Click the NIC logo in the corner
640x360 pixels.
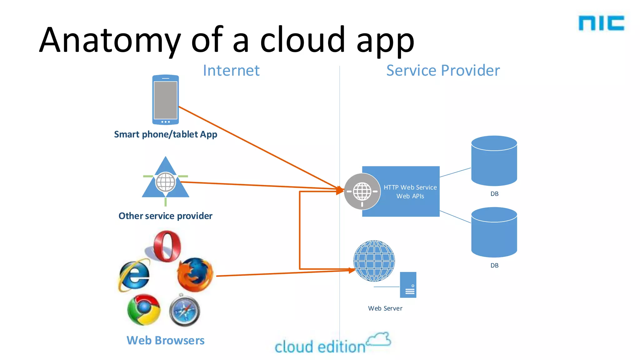coord(601,23)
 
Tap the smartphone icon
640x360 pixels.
coord(165,100)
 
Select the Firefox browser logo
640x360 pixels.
coord(195,275)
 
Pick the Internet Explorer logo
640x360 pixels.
coord(134,275)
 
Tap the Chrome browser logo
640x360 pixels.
coord(144,309)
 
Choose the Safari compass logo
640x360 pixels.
coord(185,311)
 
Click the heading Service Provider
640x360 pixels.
coord(443,70)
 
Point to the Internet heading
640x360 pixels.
coord(231,70)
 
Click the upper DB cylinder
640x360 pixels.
coord(494,161)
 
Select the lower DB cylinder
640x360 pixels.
coord(494,232)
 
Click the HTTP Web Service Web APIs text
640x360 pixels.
coord(410,192)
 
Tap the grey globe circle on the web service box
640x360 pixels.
coord(362,191)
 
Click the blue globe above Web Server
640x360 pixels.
coord(374,261)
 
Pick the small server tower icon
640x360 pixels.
coord(408,285)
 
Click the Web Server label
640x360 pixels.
coord(385,308)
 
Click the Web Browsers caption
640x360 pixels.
coord(165,340)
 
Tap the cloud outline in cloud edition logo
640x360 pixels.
coord(379,339)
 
